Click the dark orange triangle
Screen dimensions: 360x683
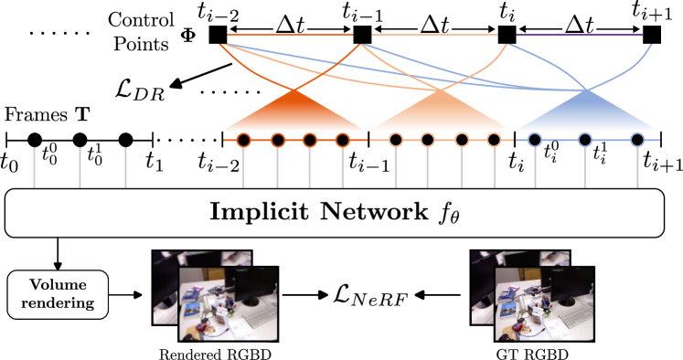(294, 115)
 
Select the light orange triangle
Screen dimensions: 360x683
(441, 115)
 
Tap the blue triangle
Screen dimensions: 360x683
(587, 115)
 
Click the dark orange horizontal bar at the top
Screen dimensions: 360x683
(290, 36)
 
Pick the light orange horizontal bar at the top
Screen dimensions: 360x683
(434, 36)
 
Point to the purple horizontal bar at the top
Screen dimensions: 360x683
(579, 36)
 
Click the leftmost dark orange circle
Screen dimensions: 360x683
(243, 140)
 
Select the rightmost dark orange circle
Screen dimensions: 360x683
(343, 140)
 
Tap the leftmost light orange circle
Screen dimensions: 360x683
(396, 140)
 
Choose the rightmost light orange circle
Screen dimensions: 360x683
(494, 140)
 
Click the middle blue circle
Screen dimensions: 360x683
(584, 140)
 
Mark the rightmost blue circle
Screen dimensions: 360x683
(637, 140)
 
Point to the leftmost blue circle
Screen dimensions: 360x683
(535, 140)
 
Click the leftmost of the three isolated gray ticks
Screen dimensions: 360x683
(34, 167)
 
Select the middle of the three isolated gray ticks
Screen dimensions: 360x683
(80, 167)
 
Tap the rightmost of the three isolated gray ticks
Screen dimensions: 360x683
(125, 167)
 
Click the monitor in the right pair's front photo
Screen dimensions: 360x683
(571, 285)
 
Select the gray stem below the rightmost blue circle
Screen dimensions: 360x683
(637, 169)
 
